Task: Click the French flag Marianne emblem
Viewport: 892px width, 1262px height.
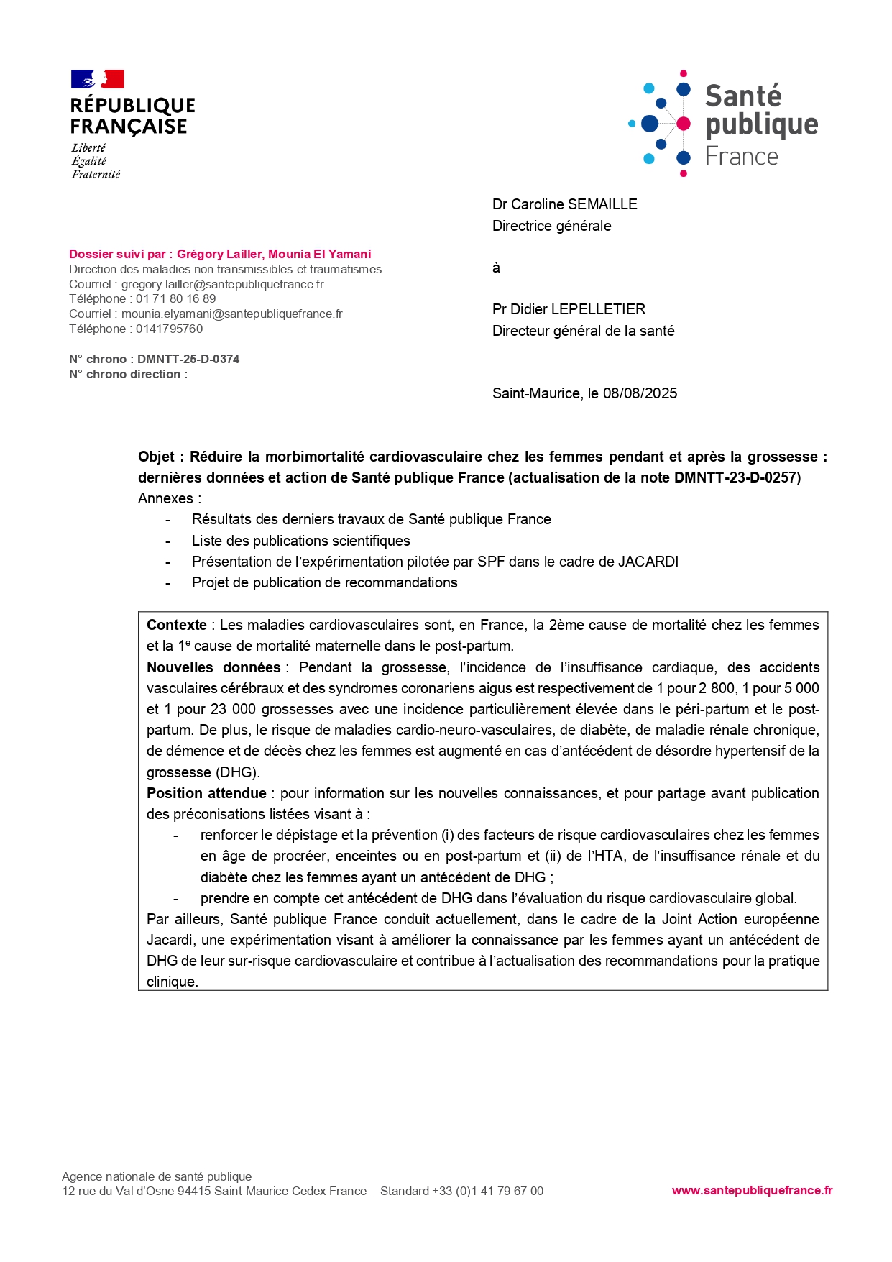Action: (98, 79)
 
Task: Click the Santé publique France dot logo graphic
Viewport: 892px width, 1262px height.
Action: (660, 124)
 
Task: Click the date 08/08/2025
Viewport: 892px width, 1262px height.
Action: (640, 393)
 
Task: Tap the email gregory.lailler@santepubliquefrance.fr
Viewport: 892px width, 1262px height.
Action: (222, 284)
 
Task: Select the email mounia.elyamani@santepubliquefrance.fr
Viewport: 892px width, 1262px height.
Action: (231, 314)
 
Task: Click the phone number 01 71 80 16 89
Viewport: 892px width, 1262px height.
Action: (175, 298)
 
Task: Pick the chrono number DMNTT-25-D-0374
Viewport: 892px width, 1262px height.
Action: (188, 359)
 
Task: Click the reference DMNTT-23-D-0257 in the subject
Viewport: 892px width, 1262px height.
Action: (736, 477)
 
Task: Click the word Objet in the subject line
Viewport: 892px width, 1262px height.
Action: (156, 457)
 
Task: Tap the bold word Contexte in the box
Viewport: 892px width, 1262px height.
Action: (176, 625)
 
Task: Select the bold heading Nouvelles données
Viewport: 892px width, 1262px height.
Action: (213, 667)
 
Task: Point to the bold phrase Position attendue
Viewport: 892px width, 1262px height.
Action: (206, 793)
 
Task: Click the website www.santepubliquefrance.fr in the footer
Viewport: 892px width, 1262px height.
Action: (752, 1190)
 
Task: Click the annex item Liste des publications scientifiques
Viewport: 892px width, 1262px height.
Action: (300, 541)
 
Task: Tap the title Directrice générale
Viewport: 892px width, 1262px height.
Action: (551, 226)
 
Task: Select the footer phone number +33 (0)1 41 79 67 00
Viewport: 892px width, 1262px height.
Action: (487, 1191)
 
